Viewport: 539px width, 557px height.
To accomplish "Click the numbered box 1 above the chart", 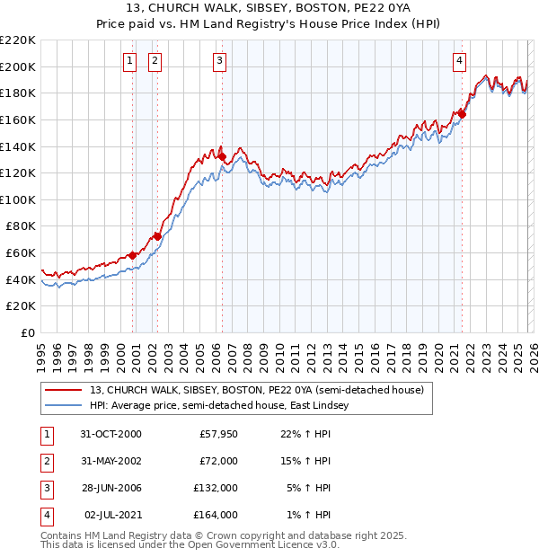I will pos(130,61).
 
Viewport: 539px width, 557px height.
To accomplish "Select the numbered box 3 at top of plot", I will pos(220,61).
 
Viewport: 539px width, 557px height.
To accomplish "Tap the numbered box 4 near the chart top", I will pos(459,61).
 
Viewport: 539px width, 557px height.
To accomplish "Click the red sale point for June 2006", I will pos(222,156).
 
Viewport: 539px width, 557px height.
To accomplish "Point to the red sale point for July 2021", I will pos(462,113).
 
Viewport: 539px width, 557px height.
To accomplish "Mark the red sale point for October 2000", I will pos(133,255).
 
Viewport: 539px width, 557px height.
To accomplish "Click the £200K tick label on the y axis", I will pos(18,66).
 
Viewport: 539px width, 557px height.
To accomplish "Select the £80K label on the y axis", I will pos(21,226).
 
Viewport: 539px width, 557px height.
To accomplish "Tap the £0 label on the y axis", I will pos(29,333).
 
